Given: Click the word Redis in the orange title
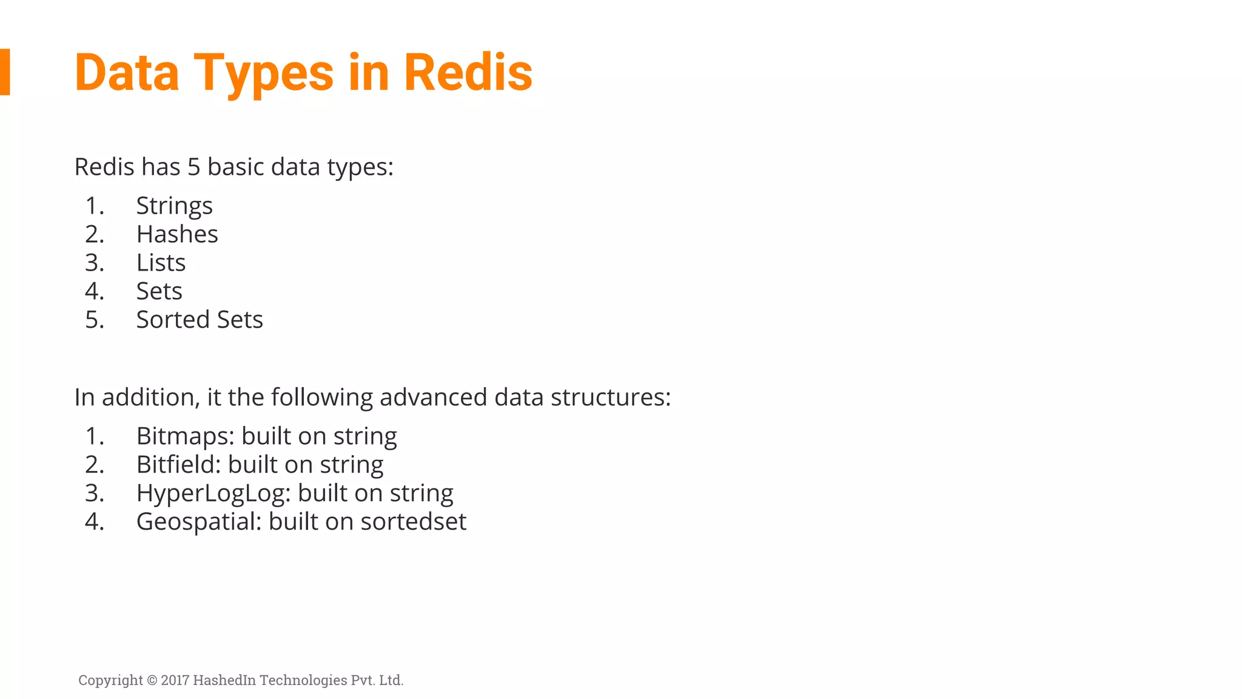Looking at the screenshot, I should [x=468, y=73].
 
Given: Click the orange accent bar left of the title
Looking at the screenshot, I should [x=5, y=72].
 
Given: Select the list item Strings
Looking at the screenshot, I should [x=174, y=206].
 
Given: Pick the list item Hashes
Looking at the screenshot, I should [x=177, y=234].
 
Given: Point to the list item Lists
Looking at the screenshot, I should [x=161, y=263].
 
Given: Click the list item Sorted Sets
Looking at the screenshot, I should [x=200, y=320].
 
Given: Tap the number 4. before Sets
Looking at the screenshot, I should [x=95, y=291].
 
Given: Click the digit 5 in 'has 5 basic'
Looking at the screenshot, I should [x=193, y=167].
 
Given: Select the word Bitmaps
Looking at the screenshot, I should [x=185, y=436].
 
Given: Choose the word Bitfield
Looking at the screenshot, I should [x=178, y=465].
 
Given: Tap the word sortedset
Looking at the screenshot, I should [x=413, y=522].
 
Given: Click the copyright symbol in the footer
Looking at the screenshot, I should [x=152, y=680].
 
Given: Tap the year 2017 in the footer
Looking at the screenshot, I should [x=175, y=680].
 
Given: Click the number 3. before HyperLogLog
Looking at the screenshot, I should [x=95, y=493].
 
